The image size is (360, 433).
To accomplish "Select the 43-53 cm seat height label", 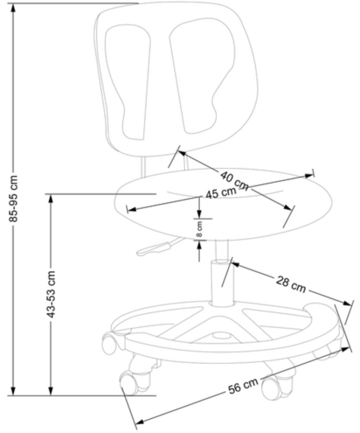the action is pyautogui.click(x=51, y=294).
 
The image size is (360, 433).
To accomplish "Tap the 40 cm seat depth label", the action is pyautogui.click(x=234, y=181).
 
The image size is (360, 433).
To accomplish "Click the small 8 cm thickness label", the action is pyautogui.click(x=200, y=229).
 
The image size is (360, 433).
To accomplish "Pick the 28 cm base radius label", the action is pyautogui.click(x=291, y=284).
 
